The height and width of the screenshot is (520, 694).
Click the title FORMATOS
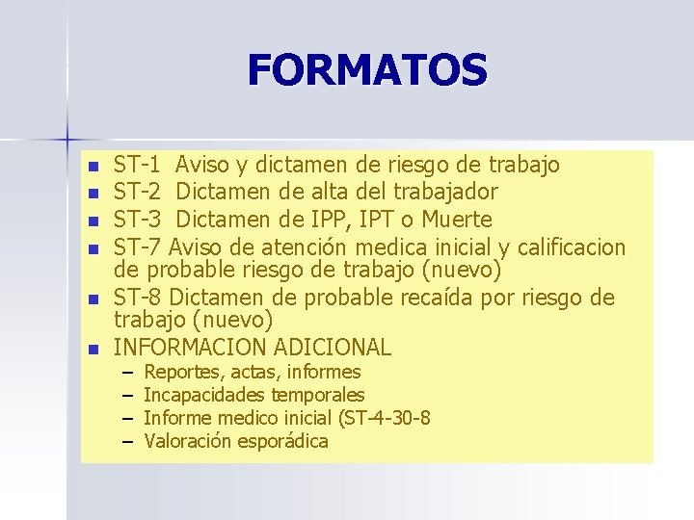pyautogui.click(x=367, y=70)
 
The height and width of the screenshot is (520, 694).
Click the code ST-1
pyautogui.click(x=138, y=165)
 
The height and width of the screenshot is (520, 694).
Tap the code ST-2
pyautogui.click(x=138, y=192)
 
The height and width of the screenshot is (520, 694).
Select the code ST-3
pyautogui.click(x=138, y=219)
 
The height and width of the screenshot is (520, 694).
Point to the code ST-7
pyautogui.click(x=138, y=247)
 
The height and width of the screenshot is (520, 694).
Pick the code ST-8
pyautogui.click(x=138, y=298)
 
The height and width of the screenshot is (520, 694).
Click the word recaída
pyautogui.click(x=467, y=298)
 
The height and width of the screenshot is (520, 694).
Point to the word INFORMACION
pyautogui.click(x=190, y=348)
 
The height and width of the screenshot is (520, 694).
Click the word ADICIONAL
pyautogui.click(x=333, y=348)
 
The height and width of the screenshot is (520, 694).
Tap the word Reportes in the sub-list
pyautogui.click(x=177, y=373)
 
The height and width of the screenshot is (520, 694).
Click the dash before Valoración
pyautogui.click(x=126, y=442)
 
